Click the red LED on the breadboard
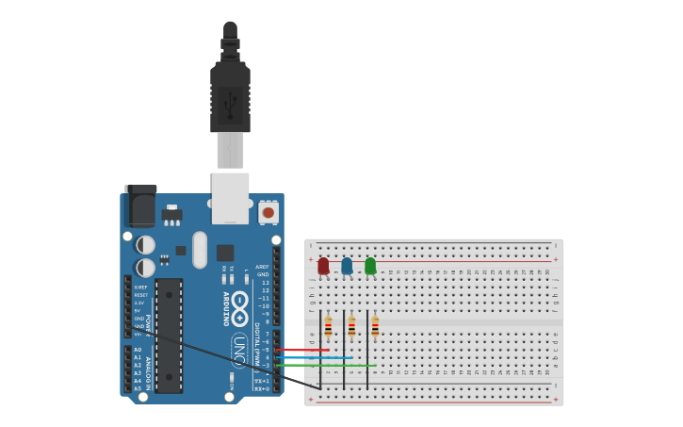tap(323, 266)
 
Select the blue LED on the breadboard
tap(347, 266)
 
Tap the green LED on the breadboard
tap(370, 266)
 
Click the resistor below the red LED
tap(328, 327)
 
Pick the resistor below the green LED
tap(375, 327)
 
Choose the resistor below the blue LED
tap(351, 327)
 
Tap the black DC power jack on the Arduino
tap(140, 206)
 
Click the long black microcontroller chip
tap(169, 335)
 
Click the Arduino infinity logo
tap(239, 308)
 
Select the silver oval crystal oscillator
tap(200, 250)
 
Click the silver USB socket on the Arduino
tap(230, 197)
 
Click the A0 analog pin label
tap(138, 350)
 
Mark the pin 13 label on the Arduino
tap(265, 283)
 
